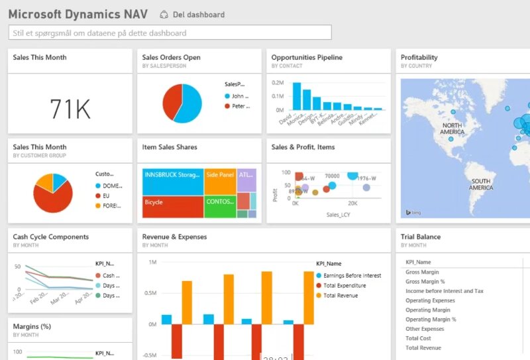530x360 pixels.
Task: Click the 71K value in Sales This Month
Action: coord(70,108)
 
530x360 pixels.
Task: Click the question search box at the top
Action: coord(170,32)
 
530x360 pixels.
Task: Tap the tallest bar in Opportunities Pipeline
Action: coord(297,96)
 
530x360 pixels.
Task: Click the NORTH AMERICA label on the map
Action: coord(452,129)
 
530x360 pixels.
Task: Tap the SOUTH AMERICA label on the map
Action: coord(480,184)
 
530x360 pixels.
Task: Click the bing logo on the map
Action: coord(413,212)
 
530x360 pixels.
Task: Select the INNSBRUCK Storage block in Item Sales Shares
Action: coord(172,174)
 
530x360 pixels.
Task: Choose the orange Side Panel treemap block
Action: coord(220,174)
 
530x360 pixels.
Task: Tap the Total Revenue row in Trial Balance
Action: coord(423,348)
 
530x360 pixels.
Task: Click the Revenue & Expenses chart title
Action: coord(174,237)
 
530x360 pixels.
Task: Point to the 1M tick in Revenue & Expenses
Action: coord(152,263)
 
